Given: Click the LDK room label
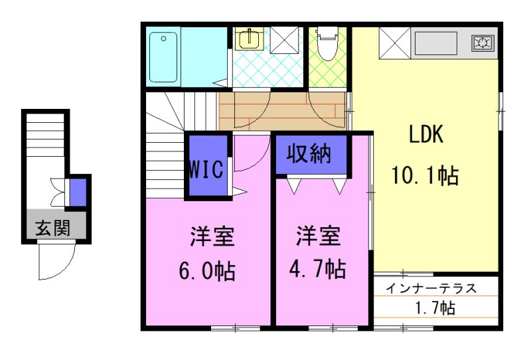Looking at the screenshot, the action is [x=426, y=134].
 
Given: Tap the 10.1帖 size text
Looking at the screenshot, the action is [x=425, y=175].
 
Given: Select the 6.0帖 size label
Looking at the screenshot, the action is [x=207, y=270].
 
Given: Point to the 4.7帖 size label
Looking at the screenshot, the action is [x=317, y=269].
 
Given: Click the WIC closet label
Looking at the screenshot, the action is [x=206, y=169].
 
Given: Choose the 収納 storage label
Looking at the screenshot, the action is [x=309, y=154].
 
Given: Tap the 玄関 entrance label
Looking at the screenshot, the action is [x=53, y=227].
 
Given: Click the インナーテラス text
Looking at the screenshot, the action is [x=431, y=288].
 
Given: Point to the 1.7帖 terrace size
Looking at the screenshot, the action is [x=435, y=308].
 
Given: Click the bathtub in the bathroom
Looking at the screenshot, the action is [x=163, y=57].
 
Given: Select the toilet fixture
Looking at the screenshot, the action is [x=327, y=44].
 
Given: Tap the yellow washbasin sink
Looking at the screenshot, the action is [x=250, y=40].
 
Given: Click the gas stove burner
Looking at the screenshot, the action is [x=483, y=43].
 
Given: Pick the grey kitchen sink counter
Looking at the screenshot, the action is [x=436, y=43].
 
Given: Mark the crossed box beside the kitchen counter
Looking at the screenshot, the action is [x=394, y=43].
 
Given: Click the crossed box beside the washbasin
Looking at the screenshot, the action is [x=284, y=40].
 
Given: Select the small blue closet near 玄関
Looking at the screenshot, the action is [x=78, y=192].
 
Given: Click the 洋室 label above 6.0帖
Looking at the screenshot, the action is [x=212, y=236].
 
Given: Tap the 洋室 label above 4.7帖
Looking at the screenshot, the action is [x=318, y=236].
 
